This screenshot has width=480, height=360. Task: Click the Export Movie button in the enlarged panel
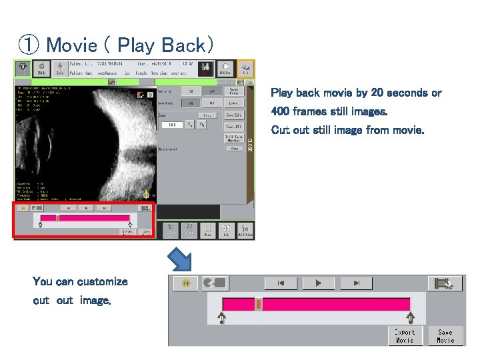[405, 335]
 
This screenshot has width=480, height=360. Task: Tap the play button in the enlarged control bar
[318, 283]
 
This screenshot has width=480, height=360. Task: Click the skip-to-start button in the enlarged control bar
[281, 283]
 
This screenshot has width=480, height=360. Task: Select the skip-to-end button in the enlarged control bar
[357, 283]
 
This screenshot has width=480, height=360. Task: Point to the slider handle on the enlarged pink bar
[259, 305]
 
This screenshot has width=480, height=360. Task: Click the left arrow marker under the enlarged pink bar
[221, 318]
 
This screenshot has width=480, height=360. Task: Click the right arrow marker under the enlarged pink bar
[411, 318]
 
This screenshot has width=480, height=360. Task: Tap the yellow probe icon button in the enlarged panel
[186, 283]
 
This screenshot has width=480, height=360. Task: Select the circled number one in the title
[28, 45]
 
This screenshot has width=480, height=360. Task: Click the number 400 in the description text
[281, 111]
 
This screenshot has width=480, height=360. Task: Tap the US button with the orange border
[245, 69]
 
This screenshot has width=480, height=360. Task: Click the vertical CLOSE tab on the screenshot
[251, 143]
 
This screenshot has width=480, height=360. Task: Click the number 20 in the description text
[399, 93]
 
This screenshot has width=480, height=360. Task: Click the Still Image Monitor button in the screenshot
[233, 138]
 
